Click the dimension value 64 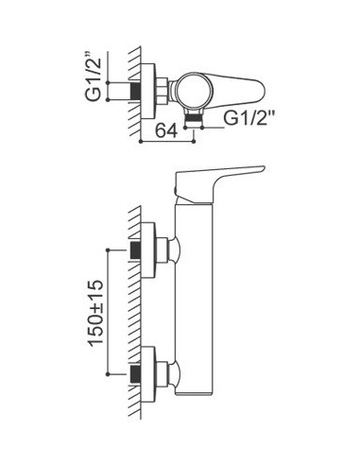click(x=167, y=129)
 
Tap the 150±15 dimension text click(x=95, y=313)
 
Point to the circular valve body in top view click(x=191, y=91)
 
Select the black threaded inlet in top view click(x=136, y=91)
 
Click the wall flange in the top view click(x=148, y=91)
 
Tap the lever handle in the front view click(x=217, y=183)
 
